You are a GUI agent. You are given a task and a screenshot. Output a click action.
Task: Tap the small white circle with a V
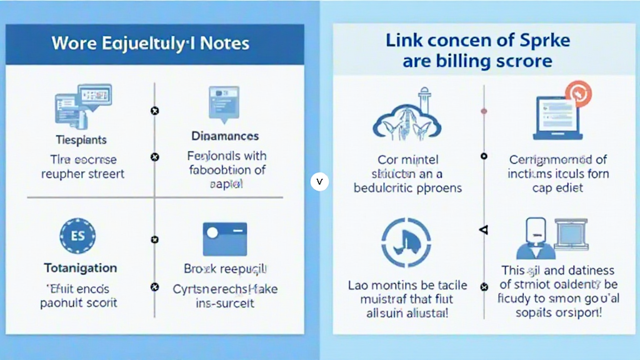tap(319, 182)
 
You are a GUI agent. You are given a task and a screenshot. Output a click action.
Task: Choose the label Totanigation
tap(81, 268)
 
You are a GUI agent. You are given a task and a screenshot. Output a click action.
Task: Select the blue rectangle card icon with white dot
tap(224, 239)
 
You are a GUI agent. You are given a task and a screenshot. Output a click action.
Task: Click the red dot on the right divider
tap(484, 112)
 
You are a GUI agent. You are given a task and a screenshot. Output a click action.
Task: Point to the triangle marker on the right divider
tap(482, 230)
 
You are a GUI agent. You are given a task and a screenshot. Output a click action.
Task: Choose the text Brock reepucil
tap(225, 269)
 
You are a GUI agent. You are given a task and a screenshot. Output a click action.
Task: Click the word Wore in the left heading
tap(72, 43)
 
